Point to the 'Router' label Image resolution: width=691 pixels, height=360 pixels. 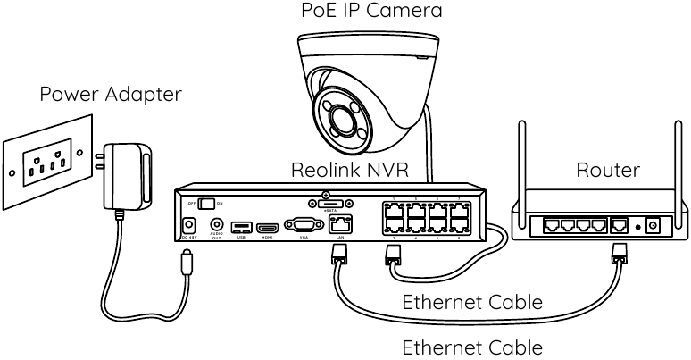coord(608,170)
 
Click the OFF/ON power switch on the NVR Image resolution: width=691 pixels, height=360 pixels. coord(208,203)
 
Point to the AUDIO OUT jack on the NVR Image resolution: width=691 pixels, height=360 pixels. coord(215,226)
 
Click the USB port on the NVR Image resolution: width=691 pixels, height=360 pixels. coord(240,227)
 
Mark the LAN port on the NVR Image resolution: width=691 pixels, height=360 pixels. coord(339,224)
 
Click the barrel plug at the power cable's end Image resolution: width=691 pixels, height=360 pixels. coord(185,264)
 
